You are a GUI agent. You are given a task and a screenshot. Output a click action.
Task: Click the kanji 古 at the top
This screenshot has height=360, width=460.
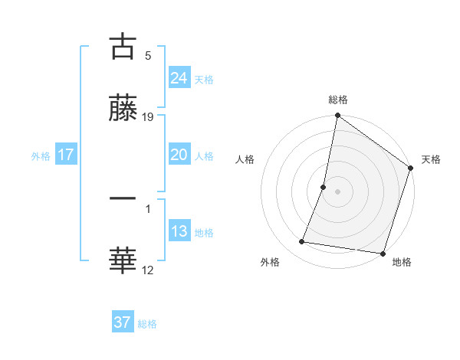(123, 47)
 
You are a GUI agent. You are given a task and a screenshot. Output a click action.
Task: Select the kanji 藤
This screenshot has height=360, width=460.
(123, 110)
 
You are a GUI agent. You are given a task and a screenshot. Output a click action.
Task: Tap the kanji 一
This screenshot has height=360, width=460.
(123, 199)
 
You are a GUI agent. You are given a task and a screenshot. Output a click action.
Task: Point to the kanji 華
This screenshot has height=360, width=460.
(123, 260)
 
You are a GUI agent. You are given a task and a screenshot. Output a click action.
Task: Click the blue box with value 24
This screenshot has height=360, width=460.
(179, 77)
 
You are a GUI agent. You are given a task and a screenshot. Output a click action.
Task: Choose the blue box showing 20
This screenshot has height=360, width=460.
(179, 155)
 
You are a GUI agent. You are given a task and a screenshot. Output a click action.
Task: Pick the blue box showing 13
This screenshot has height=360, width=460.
(179, 231)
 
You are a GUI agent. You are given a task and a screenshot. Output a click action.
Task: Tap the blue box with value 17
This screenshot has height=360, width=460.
(66, 155)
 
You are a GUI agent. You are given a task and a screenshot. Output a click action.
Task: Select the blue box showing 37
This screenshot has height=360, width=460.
(122, 322)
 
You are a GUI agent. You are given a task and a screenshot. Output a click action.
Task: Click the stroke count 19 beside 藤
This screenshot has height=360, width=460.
(148, 117)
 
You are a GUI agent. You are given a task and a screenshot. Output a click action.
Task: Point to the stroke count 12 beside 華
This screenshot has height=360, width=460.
(148, 270)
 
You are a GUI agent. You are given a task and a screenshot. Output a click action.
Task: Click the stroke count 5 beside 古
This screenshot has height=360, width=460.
(148, 55)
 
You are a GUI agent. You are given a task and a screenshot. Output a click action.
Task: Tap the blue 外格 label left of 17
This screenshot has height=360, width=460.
(41, 155)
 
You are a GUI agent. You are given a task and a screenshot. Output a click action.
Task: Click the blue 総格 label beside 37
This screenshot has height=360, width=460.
(147, 324)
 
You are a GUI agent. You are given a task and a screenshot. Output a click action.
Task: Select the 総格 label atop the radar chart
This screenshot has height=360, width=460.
(338, 100)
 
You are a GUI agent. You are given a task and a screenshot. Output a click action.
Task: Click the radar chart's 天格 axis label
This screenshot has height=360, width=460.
(431, 159)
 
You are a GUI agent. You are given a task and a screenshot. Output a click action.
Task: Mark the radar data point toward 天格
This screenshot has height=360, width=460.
(411, 169)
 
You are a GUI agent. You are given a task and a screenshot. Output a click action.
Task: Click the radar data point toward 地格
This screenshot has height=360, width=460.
(383, 253)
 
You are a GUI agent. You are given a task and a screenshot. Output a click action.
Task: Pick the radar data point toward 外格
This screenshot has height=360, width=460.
(302, 242)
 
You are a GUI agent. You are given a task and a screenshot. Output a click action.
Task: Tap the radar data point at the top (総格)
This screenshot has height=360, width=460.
(337, 116)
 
